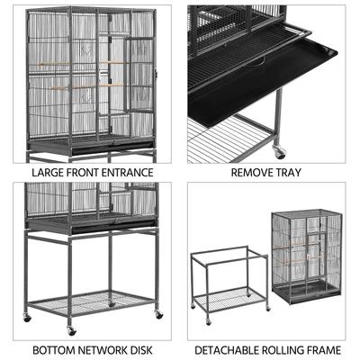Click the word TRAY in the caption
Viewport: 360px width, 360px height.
coord(286,171)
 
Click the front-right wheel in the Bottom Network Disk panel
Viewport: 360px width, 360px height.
coord(158,314)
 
